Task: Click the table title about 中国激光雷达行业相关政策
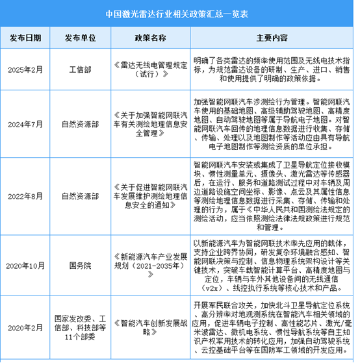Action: [x=180, y=12]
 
